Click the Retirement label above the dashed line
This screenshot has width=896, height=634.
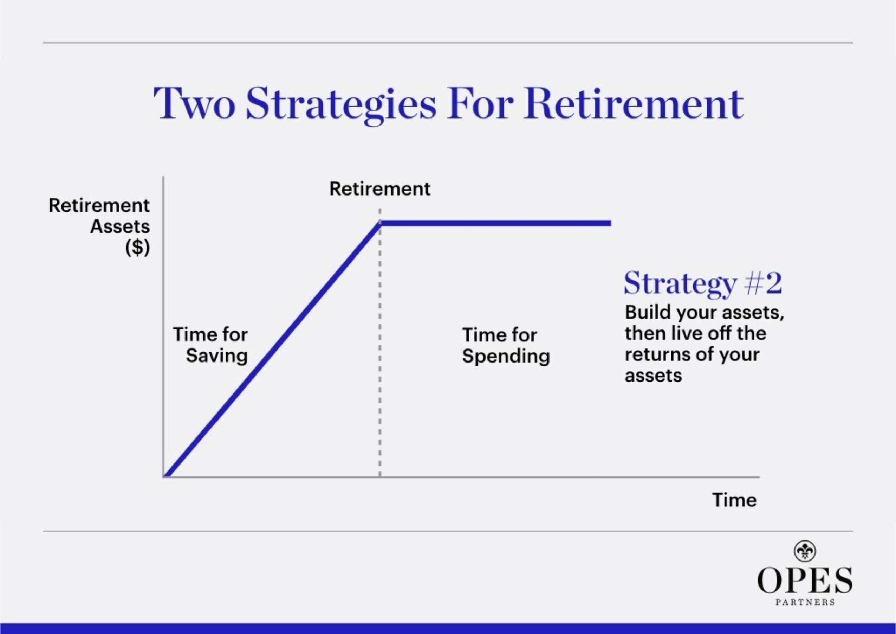379,189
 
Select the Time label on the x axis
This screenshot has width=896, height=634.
734,500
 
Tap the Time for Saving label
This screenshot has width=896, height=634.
211,345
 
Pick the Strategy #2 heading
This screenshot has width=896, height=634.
702,284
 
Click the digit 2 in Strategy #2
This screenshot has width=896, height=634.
773,284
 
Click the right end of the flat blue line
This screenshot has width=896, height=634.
610,223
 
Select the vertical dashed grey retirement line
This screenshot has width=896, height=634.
380,352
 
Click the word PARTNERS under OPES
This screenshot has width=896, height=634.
805,602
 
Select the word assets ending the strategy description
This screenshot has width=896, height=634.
653,376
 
